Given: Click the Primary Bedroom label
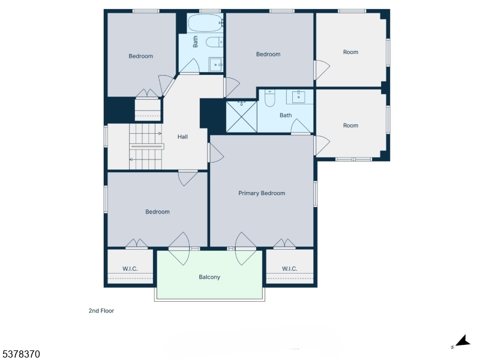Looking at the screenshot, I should tap(262, 193).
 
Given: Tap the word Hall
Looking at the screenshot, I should tap(182, 137).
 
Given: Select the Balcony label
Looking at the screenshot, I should tap(209, 277).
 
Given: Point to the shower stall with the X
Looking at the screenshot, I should tap(241, 117).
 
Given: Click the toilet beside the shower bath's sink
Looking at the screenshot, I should tap(270, 98).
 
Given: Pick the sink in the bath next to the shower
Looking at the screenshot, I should tap(298, 97).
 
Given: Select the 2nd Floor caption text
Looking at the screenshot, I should tap(101, 311).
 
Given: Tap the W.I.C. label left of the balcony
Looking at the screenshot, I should tap(130, 268).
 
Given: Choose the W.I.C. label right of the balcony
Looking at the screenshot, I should tap(290, 268).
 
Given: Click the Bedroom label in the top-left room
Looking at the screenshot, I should tap(140, 56).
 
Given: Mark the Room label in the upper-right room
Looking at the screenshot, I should tap(350, 52).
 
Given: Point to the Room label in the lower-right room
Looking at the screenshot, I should tap(350, 125).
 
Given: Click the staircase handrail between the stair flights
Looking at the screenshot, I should tap(147, 146).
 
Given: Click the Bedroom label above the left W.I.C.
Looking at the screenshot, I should tap(157, 212).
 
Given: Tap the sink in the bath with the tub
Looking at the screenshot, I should tap(216, 64).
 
